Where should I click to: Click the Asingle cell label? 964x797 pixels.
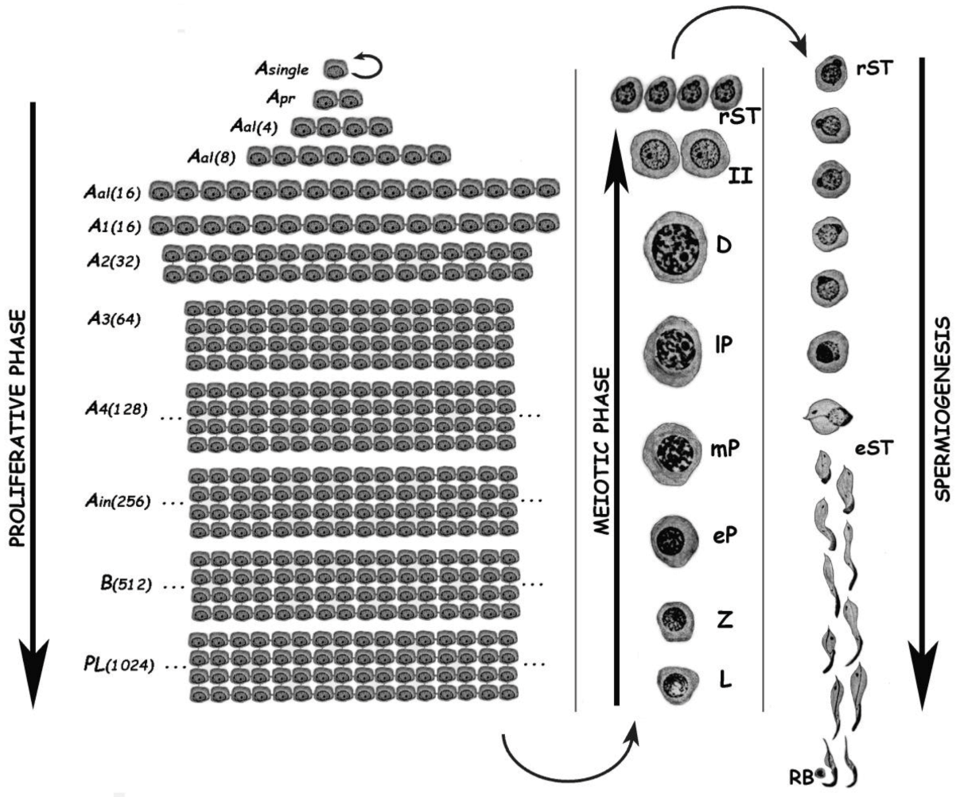281,70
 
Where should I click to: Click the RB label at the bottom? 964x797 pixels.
808,779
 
